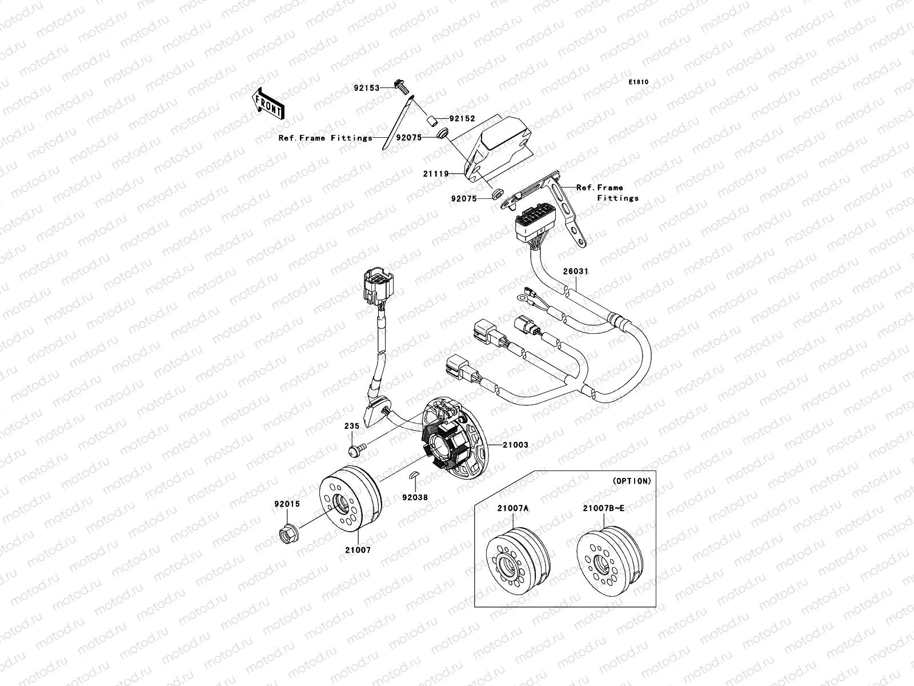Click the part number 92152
[462, 119]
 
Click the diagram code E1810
[639, 82]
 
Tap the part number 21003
[515, 444]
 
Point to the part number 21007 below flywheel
[358, 550]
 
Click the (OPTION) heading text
[632, 481]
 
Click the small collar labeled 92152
[434, 121]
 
